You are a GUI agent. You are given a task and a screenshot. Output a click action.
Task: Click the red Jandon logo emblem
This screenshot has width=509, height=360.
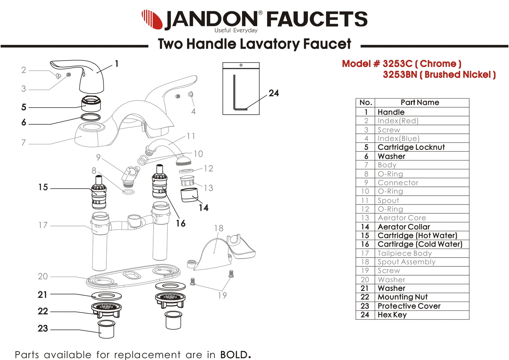tap(152, 19)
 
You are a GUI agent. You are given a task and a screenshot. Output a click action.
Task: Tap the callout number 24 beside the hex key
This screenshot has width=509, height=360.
tap(274, 93)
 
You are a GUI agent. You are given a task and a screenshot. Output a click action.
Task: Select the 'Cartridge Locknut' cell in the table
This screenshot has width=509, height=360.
tap(411, 147)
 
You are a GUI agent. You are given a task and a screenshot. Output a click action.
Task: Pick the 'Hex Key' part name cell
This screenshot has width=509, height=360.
tap(392, 315)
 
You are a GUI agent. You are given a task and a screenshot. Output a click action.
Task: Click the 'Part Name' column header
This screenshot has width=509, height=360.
tap(420, 102)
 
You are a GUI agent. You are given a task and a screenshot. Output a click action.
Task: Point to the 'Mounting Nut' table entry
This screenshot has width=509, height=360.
tap(403, 297)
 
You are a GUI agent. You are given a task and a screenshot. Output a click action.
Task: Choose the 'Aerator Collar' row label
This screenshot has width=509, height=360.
tap(404, 227)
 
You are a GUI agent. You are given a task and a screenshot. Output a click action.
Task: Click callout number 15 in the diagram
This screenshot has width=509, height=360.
tap(43, 187)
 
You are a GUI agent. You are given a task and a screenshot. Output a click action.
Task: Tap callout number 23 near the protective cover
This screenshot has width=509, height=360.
tap(43, 328)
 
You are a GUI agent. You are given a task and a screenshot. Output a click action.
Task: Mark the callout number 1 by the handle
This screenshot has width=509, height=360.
tap(117, 64)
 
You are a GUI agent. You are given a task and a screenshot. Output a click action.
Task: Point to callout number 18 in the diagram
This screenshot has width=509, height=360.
tap(219, 228)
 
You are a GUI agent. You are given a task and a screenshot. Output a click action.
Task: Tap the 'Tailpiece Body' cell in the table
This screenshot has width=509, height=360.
tap(405, 253)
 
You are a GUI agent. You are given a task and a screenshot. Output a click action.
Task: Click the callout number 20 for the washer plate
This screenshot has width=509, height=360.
tap(43, 277)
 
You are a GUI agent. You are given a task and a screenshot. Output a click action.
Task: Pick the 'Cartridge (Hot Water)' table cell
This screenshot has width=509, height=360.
tap(417, 235)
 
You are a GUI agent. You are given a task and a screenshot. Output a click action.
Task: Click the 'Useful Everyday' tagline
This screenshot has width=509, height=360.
tap(236, 31)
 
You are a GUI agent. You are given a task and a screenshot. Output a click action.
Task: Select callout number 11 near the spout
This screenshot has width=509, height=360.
tap(191, 136)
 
